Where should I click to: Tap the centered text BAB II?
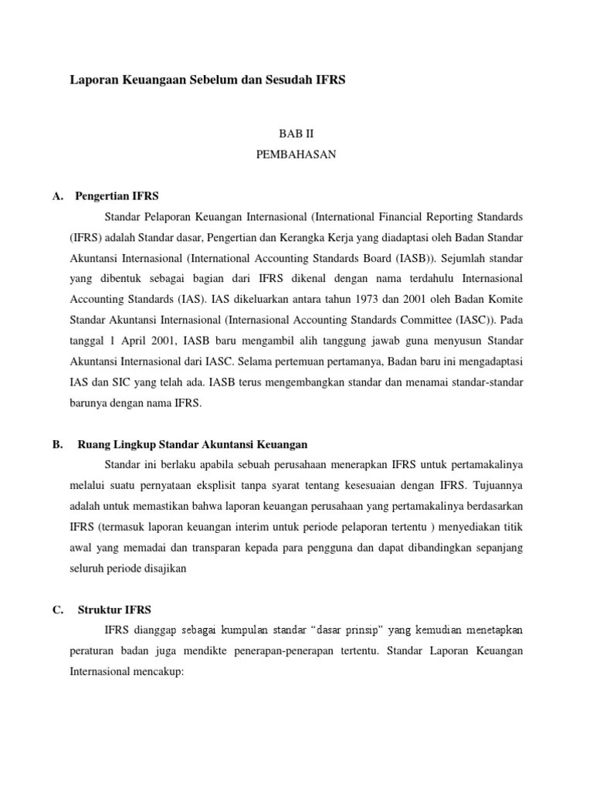click(x=296, y=133)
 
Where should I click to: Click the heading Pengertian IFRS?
click(x=116, y=195)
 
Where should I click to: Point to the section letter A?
click(x=57, y=195)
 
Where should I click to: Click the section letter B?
click(x=57, y=444)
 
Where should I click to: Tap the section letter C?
click(x=57, y=609)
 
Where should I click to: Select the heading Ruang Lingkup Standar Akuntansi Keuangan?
click(x=193, y=444)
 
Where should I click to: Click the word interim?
click(x=248, y=527)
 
